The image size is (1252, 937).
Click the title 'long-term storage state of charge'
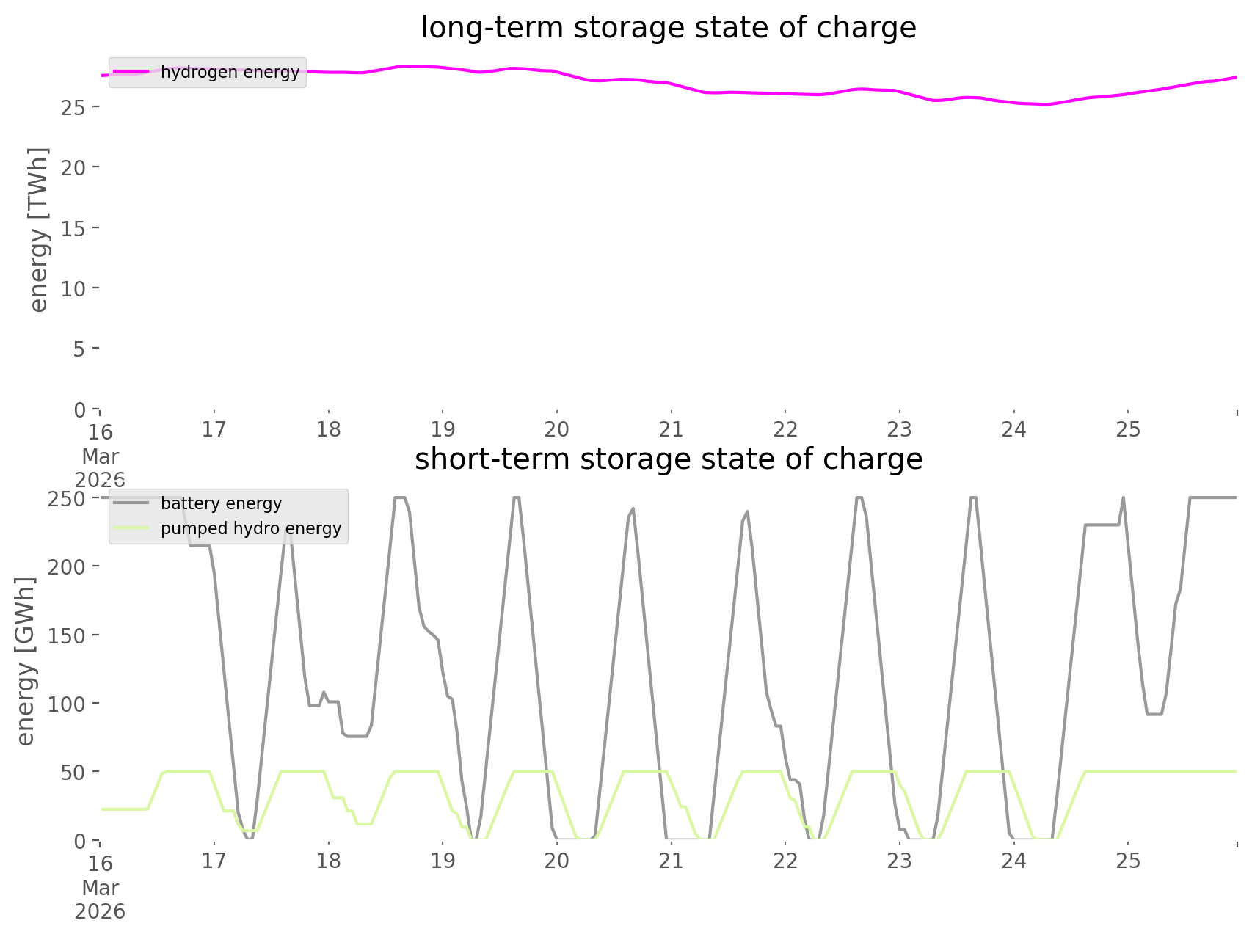tap(668, 28)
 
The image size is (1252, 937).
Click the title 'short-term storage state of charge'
tap(668, 459)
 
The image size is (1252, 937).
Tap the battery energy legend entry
tap(221, 503)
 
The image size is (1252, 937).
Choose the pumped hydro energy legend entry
tap(250, 528)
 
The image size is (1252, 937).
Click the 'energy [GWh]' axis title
tap(26, 661)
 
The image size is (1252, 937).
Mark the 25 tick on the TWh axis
tap(74, 107)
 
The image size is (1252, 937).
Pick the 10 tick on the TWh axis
tap(74, 288)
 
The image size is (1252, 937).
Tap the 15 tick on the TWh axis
tap(74, 228)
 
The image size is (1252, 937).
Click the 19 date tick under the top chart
tap(443, 429)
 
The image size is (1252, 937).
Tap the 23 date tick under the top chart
tap(900, 429)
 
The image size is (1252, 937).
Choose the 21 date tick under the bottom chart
tap(671, 861)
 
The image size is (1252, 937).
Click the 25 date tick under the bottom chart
tap(1129, 861)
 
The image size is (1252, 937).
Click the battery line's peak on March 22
tap(858, 498)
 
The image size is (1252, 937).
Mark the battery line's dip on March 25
tap(1154, 714)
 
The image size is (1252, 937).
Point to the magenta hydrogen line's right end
tap(1236, 77)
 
